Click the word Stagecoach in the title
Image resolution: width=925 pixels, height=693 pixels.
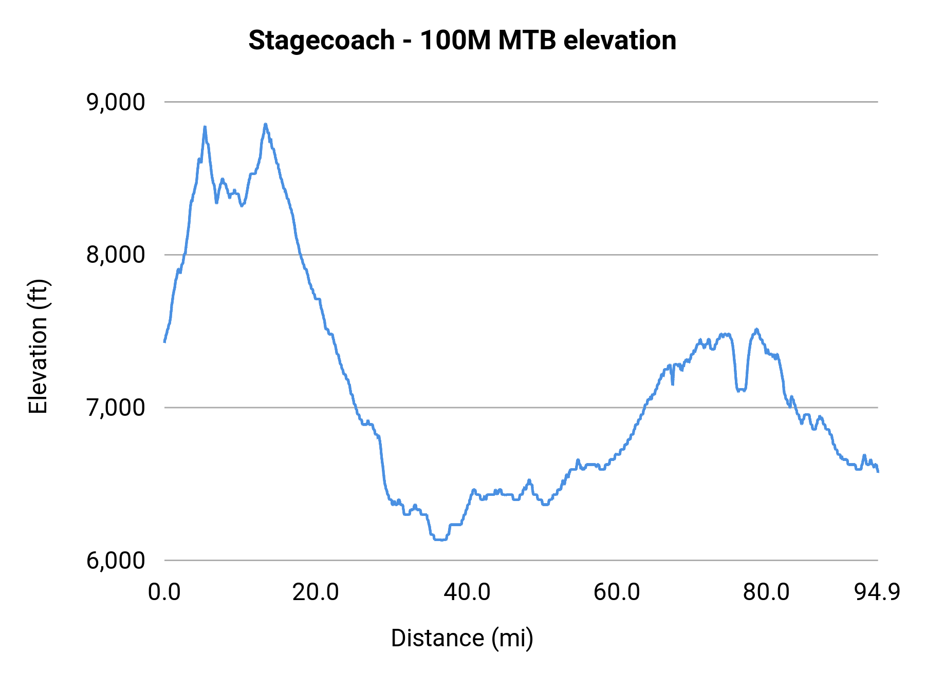pos(321,41)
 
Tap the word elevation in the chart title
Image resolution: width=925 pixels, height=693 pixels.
pos(620,41)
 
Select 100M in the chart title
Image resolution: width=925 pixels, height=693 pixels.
pos(455,41)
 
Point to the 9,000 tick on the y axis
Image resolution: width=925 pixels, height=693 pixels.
pos(116,102)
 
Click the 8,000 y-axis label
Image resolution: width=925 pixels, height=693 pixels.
pos(116,255)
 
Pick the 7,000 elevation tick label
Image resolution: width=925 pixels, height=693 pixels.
pos(116,408)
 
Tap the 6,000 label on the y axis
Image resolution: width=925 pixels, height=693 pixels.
pos(116,560)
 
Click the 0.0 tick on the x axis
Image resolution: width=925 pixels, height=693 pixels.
pos(164,592)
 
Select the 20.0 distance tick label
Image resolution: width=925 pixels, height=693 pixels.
pos(316,592)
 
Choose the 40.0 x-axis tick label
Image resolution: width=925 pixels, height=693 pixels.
pos(467,592)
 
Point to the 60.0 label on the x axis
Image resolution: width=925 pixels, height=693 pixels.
pos(617,592)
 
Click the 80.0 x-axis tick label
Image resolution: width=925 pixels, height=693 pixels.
pos(766,592)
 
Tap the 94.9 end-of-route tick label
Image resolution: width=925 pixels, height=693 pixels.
pos(877,592)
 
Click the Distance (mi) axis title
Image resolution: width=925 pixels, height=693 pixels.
pos(462,638)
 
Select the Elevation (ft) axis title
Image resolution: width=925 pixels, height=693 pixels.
pos(38,347)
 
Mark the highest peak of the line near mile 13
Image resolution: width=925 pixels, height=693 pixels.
pos(265,124)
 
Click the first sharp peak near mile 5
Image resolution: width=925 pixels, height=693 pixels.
pos(205,127)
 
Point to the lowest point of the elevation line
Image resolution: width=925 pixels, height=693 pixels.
pos(440,540)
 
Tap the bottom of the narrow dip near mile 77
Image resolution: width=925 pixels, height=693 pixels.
pos(741,390)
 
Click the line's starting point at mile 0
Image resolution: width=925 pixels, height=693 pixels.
pos(164,341)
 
